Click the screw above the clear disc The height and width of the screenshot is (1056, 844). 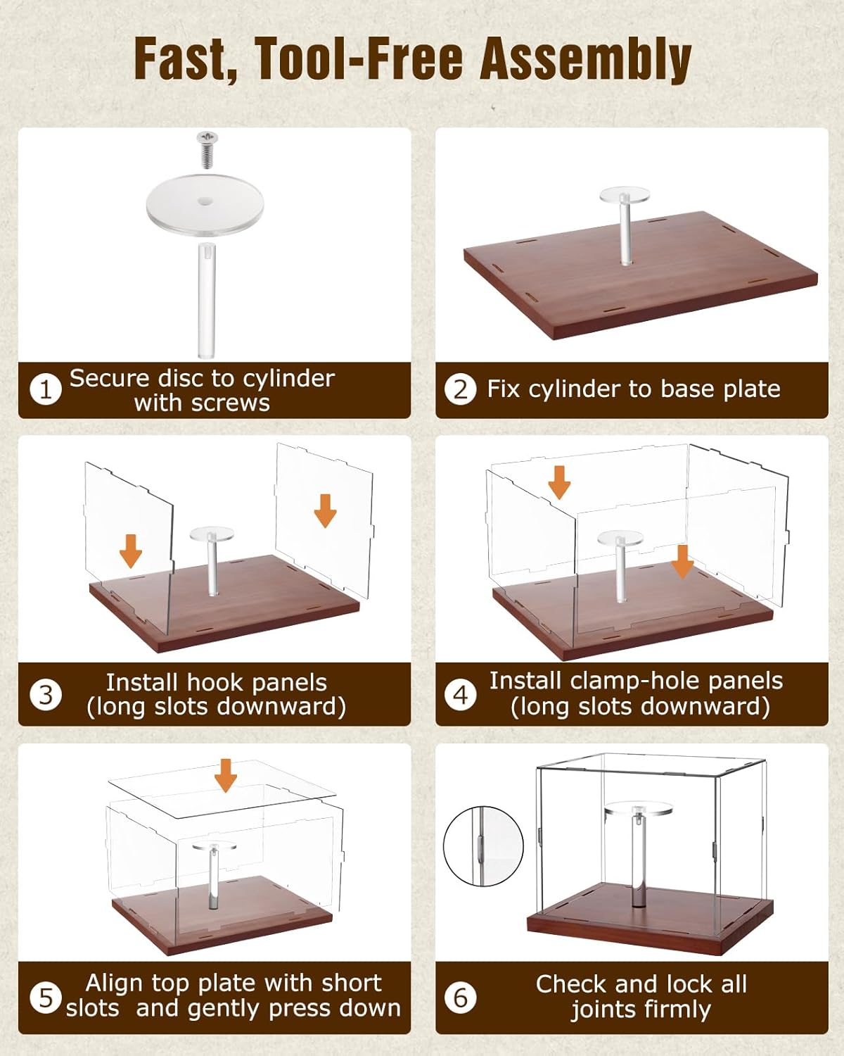[x=207, y=149]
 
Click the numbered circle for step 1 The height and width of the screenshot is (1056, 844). [x=46, y=389]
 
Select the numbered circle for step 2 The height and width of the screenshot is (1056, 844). [x=460, y=389]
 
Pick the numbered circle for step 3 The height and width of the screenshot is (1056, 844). [x=46, y=694]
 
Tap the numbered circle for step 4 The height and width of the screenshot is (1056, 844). [x=460, y=694]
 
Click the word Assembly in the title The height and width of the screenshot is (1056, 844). [x=586, y=61]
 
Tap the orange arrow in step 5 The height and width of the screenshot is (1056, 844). [x=226, y=775]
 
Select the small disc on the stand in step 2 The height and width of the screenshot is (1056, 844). [x=625, y=195]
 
